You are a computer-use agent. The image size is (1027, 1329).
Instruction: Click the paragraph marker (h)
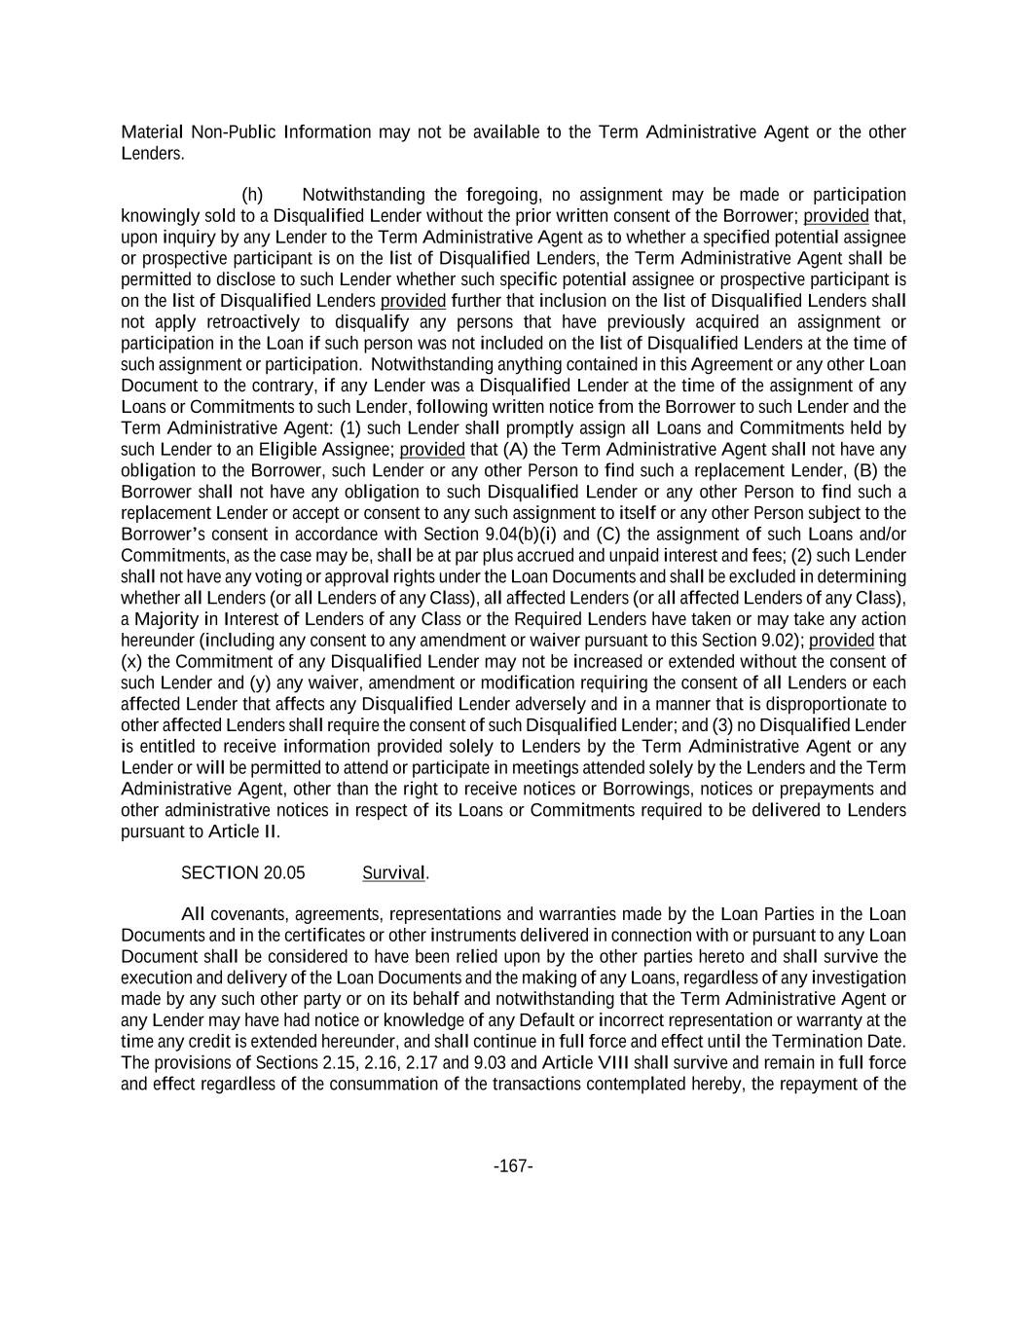[x=252, y=195]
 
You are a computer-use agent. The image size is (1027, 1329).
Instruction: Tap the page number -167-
[x=513, y=1166]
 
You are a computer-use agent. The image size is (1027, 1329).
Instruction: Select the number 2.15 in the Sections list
[x=340, y=1063]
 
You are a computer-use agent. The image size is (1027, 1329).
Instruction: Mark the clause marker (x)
[x=131, y=662]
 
